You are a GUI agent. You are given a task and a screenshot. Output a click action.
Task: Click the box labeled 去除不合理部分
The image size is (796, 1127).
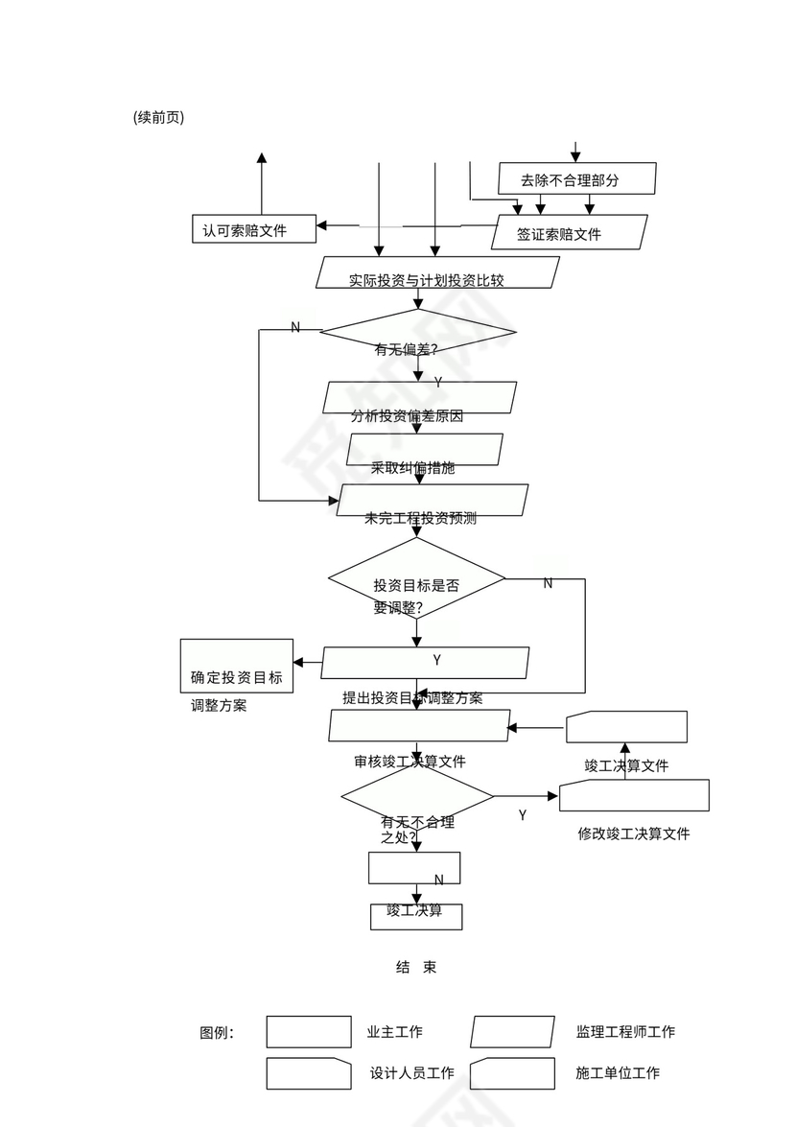click(x=576, y=178)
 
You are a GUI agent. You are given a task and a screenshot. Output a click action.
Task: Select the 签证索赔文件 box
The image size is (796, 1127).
click(x=569, y=232)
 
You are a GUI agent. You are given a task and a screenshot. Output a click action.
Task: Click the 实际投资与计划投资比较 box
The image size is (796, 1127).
click(x=437, y=272)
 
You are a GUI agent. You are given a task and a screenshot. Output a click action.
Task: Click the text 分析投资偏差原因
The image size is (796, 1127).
click(x=408, y=416)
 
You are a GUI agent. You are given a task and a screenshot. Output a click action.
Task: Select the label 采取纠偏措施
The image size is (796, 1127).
click(x=412, y=468)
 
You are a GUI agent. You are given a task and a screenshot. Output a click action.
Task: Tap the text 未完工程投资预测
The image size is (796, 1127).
click(x=420, y=518)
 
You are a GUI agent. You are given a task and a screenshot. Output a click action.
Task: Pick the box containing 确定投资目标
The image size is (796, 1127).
click(x=237, y=666)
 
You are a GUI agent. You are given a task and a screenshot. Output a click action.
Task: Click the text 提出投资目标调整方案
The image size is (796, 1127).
click(x=412, y=697)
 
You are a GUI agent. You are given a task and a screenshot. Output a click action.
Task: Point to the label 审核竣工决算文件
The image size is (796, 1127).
click(x=410, y=762)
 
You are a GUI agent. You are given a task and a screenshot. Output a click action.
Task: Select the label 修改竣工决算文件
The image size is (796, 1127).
click(x=633, y=834)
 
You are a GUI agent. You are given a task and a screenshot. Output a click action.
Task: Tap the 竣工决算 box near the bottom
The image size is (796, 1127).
click(x=416, y=916)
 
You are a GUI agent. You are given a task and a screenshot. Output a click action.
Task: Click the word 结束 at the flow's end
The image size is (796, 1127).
click(x=416, y=967)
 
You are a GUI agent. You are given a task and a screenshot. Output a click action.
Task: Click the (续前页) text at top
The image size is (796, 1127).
click(x=159, y=117)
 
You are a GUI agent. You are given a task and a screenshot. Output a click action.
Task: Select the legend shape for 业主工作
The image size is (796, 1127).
click(x=308, y=1032)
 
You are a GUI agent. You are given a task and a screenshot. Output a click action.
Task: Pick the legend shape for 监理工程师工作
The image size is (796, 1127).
click(x=512, y=1032)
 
